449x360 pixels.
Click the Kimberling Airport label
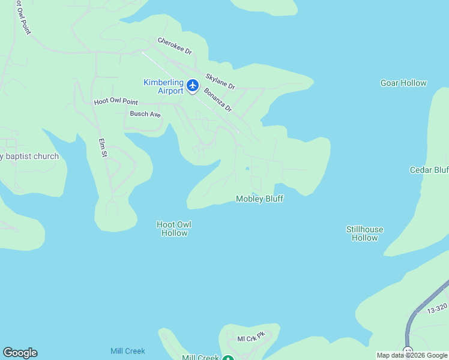(x=163, y=86)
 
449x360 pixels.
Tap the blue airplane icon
(x=193, y=86)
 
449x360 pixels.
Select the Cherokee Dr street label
(x=175, y=46)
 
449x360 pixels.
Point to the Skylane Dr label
(x=220, y=82)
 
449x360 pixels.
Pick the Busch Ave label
(x=146, y=113)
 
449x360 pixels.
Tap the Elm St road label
(x=103, y=148)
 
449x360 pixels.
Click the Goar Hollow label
(x=403, y=83)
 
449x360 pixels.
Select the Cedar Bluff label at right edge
(x=429, y=170)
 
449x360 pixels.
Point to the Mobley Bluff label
(x=259, y=199)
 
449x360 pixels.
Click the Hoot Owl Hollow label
(x=174, y=229)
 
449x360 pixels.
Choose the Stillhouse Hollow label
(x=364, y=233)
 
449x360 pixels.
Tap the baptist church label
(x=30, y=157)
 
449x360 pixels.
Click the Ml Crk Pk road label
(x=251, y=338)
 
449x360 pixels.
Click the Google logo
(x=20, y=353)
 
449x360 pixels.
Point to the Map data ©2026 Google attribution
(x=411, y=355)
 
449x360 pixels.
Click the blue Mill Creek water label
(x=127, y=351)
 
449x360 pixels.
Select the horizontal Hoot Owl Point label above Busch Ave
(x=116, y=103)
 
